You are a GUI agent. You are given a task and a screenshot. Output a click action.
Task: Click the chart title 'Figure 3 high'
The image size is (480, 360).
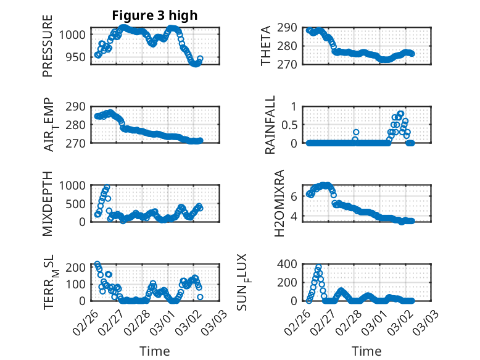(x=155, y=15)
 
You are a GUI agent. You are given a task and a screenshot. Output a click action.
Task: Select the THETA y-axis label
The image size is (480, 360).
(x=266, y=46)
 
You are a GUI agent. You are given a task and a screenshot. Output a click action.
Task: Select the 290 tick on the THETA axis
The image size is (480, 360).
(x=292, y=28)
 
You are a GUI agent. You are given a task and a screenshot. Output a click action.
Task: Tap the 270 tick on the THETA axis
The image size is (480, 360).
(x=292, y=64)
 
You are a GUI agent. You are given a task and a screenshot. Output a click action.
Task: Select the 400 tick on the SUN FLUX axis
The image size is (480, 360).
(x=292, y=264)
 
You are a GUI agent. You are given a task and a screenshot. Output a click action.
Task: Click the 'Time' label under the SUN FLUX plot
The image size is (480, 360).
(x=366, y=351)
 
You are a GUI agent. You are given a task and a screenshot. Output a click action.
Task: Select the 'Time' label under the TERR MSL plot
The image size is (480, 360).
(x=155, y=351)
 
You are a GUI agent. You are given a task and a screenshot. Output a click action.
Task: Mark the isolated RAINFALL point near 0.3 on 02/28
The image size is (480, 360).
(x=356, y=132)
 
